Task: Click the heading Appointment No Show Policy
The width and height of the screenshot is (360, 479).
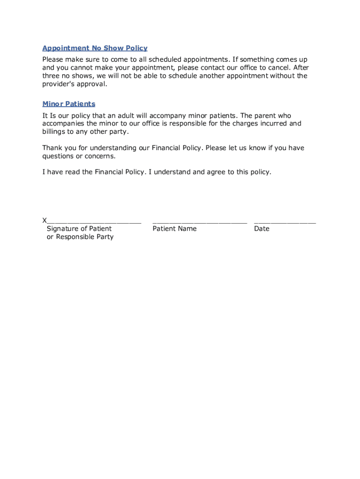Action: [x=95, y=48]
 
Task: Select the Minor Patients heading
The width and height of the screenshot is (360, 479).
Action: [x=69, y=104]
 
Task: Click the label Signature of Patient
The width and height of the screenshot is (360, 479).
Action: [x=79, y=229]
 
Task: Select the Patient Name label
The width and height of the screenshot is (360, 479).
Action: [x=174, y=229]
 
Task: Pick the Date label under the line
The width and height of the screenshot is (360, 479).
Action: [x=262, y=229]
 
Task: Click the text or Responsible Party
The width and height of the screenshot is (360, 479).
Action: [x=80, y=237]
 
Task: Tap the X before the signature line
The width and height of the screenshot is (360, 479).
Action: [x=44, y=220]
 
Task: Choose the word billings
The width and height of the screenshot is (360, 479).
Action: [x=54, y=132]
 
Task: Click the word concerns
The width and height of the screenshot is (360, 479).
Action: [x=100, y=156]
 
